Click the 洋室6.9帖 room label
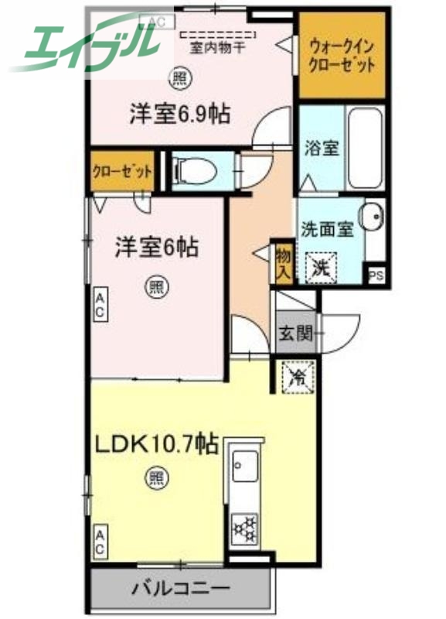pos(179,115)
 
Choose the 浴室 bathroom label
pos(321,147)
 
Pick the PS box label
pos(376,275)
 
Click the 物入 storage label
pos(282,263)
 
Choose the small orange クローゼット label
pos(121,171)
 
